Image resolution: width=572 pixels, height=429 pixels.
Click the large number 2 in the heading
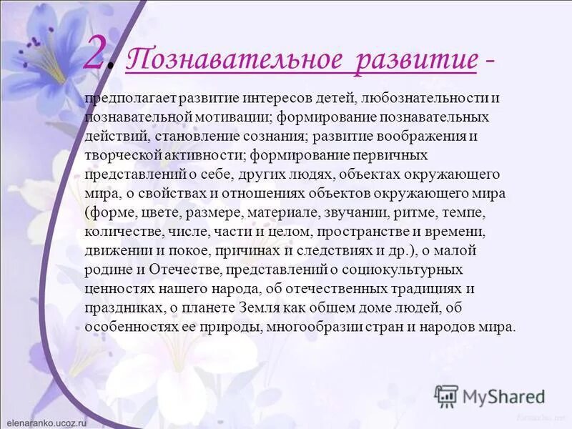pos(99,54)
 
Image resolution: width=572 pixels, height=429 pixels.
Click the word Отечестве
pos(184,270)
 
